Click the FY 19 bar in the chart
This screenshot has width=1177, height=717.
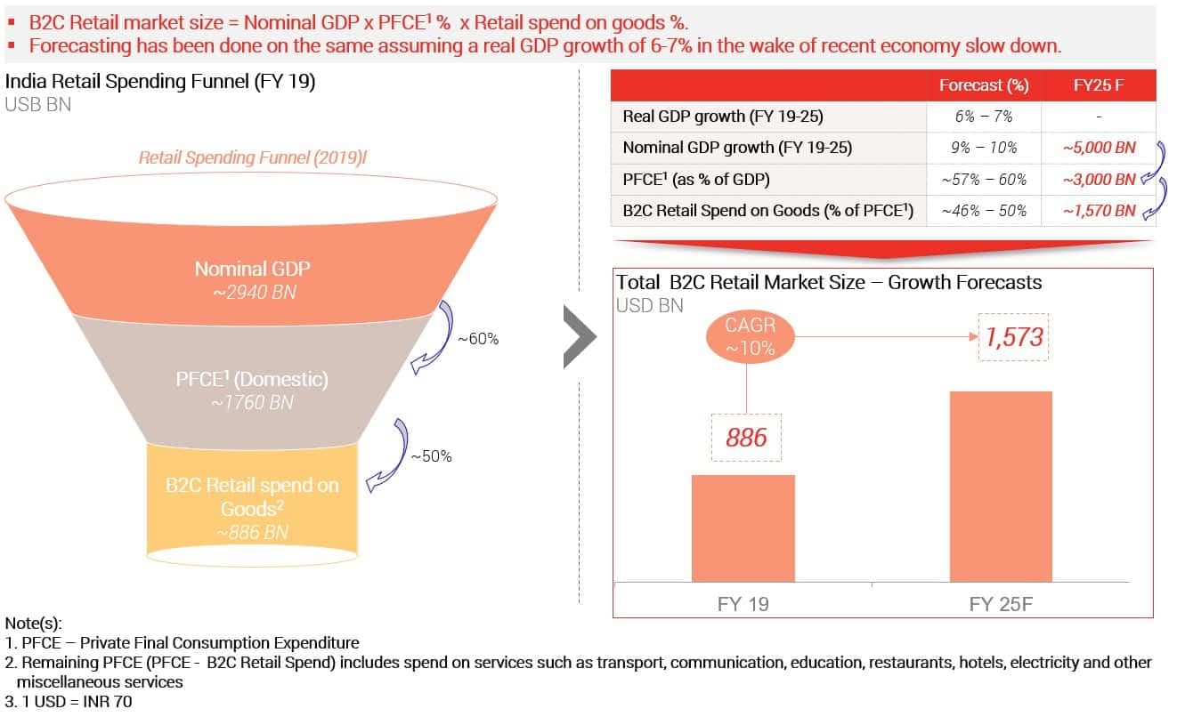(x=743, y=528)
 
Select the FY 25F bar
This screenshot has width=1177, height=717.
(x=1000, y=487)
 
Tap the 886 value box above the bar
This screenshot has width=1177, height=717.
(x=746, y=437)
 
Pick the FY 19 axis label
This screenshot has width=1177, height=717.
(x=743, y=605)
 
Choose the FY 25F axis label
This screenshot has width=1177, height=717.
(x=1001, y=605)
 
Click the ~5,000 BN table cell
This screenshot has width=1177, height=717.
(x=1099, y=148)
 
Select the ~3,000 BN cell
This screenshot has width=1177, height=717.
(x=1099, y=179)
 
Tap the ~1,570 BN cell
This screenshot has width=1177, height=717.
(x=1099, y=211)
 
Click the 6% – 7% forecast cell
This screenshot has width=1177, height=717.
(x=983, y=117)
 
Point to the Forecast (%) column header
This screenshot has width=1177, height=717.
(x=984, y=85)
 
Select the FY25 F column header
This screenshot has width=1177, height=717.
(x=1098, y=85)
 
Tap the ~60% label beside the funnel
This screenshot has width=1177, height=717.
(x=478, y=339)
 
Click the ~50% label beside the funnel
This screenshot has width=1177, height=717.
(x=431, y=456)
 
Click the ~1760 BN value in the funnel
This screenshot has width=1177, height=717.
(x=252, y=402)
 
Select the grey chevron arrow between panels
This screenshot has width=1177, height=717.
(x=580, y=337)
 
